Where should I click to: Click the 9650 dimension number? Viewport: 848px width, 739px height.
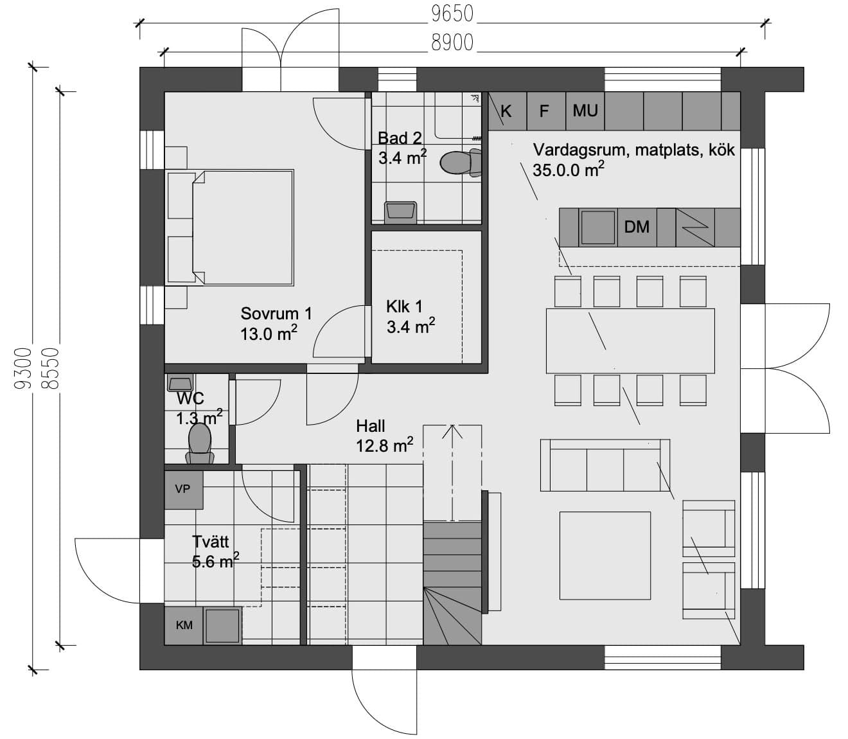452,13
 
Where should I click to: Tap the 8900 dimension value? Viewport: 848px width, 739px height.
452,42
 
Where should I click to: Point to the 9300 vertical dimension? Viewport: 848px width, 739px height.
22,368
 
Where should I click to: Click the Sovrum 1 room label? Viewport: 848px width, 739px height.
276,314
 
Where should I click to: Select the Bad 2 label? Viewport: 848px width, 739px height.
400,138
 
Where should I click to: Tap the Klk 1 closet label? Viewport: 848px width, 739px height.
404,307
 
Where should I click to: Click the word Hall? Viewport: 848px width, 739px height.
371,425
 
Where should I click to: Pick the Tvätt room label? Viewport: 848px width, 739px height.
211,542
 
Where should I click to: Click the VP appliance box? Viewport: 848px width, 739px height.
184,490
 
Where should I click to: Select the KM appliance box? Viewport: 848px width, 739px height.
184,625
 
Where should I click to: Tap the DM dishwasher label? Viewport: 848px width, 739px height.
637,227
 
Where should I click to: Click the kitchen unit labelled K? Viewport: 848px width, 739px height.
508,111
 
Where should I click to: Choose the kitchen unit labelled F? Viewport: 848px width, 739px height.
546,111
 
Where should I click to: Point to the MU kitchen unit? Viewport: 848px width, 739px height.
585,111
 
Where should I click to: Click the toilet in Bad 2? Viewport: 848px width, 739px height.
461,162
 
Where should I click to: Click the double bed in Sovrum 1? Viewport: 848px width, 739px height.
231,227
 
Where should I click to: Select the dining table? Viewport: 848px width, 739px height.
630,341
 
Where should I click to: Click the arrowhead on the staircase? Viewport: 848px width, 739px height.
452,432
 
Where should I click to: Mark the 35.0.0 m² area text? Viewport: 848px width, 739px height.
569,169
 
